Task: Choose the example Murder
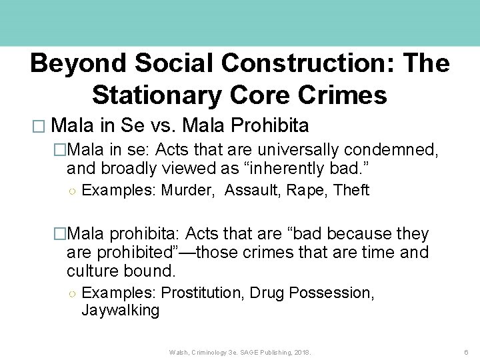coord(189,191)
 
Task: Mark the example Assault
coord(253,191)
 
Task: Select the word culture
coord(96,271)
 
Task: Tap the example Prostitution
coord(203,293)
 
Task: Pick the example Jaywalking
coord(120,310)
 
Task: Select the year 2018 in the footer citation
coord(301,351)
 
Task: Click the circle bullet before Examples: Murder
coord(71,191)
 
